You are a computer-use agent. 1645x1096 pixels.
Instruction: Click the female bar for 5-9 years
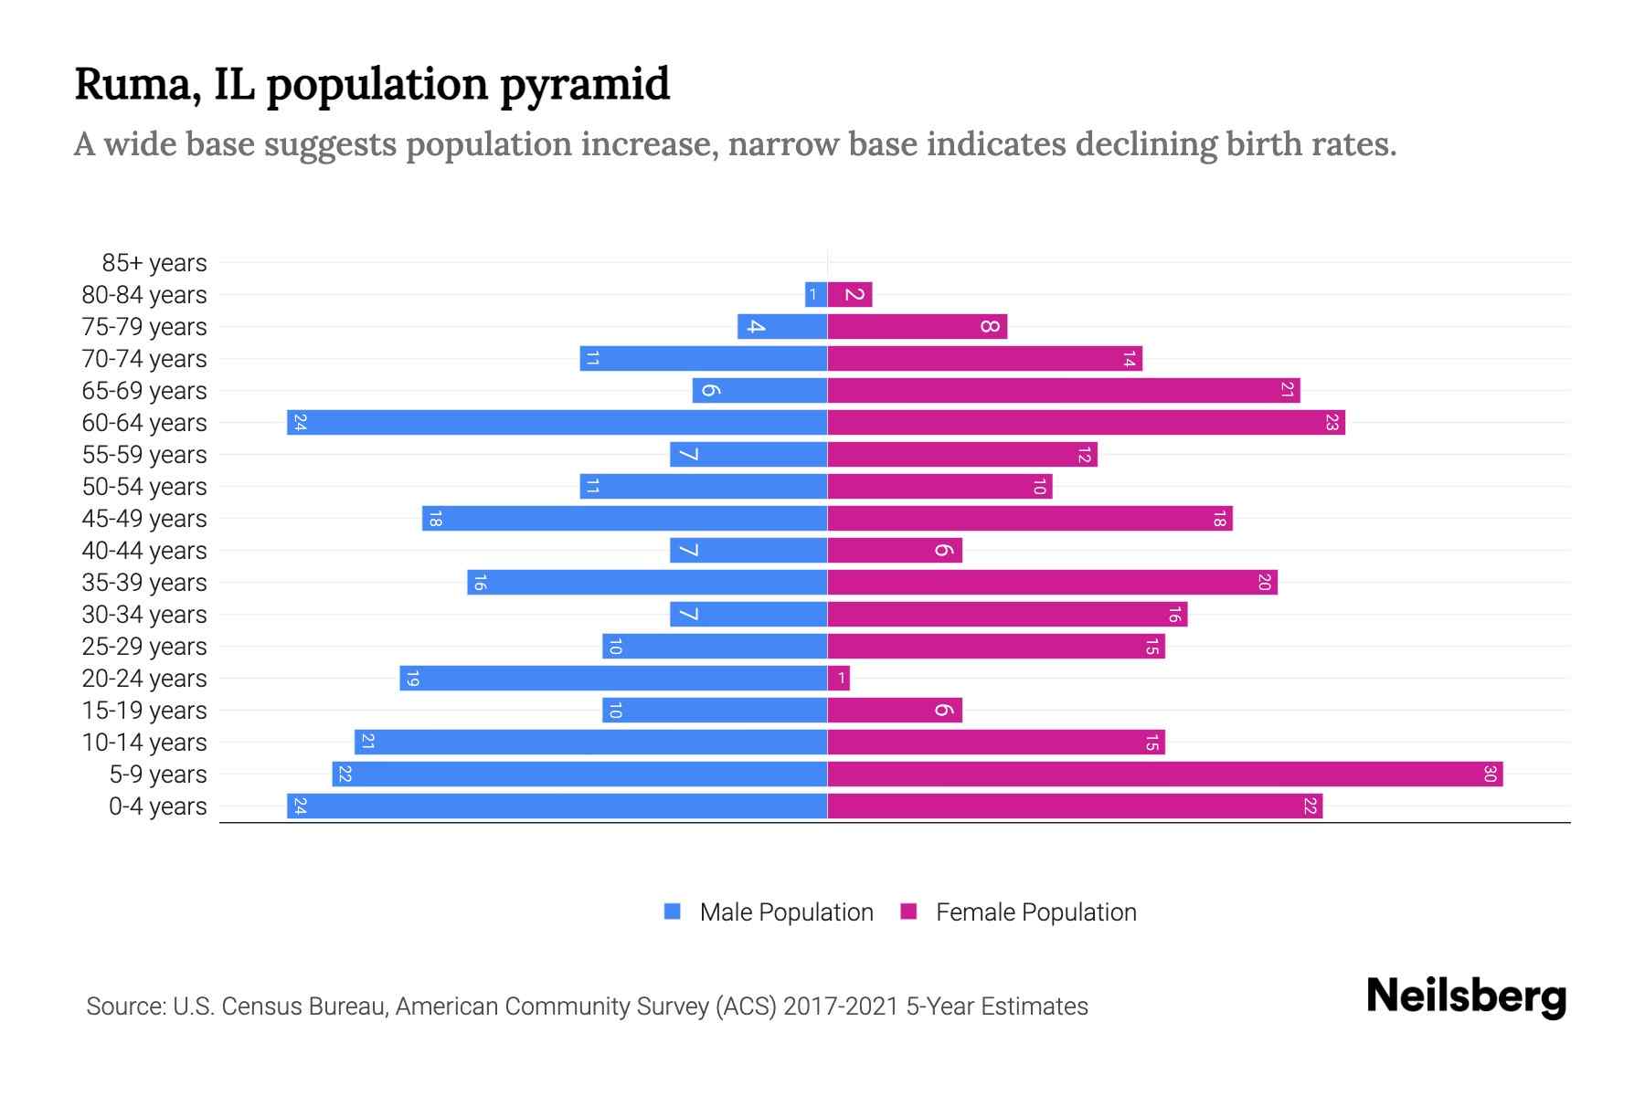(x=1165, y=775)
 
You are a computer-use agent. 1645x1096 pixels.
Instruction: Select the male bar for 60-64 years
(x=557, y=423)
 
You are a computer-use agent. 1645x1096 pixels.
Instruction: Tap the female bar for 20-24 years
(x=839, y=679)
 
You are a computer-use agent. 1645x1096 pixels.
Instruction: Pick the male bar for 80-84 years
(x=816, y=295)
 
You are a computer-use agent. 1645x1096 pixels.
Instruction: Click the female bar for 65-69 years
(x=1064, y=391)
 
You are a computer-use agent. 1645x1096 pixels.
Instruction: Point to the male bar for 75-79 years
(x=782, y=327)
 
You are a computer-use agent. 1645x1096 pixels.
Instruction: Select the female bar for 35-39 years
(x=1052, y=583)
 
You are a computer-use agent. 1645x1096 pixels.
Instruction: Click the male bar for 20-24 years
(x=613, y=679)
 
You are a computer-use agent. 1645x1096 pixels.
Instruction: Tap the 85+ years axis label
(x=154, y=263)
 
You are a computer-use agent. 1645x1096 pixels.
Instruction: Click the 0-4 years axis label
(x=157, y=806)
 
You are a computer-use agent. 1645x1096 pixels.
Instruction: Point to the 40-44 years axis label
(x=144, y=551)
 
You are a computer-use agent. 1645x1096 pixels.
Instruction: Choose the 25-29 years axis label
(x=144, y=647)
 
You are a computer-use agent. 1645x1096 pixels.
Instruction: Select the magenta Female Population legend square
(x=908, y=912)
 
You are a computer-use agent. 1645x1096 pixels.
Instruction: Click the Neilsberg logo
(x=1466, y=996)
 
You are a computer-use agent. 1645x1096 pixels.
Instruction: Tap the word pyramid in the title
(x=585, y=86)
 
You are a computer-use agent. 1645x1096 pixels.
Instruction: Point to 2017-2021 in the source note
(x=841, y=1006)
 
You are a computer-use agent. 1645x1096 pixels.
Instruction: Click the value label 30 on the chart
(x=1490, y=775)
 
